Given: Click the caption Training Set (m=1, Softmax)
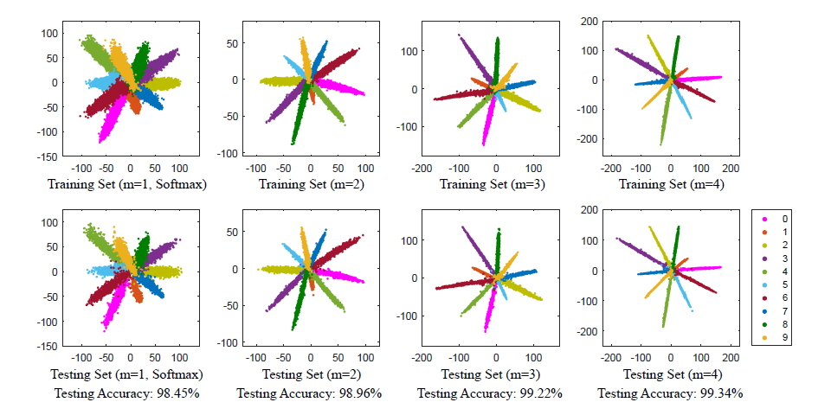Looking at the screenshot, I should tap(127, 184).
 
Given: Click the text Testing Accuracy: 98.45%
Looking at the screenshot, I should tap(127, 393).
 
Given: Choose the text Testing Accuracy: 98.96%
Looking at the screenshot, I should tap(309, 393).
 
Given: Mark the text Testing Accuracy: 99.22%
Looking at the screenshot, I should tap(490, 393).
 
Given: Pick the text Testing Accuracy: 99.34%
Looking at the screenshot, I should tap(670, 393).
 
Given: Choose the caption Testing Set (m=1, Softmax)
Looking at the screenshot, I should tap(127, 374).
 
